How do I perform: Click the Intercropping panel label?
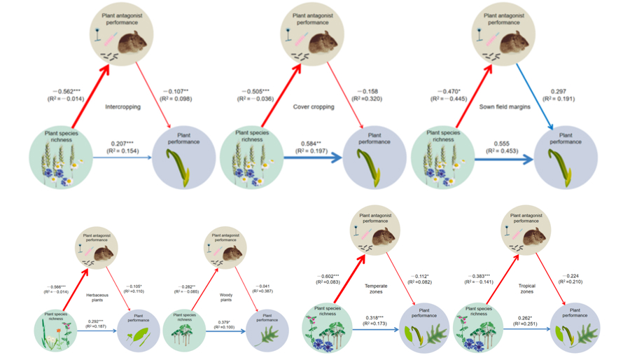click(x=122, y=107)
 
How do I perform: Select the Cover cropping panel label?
click(x=314, y=107)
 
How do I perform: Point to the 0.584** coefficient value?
click(x=309, y=143)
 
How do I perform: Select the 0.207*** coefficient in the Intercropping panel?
click(x=122, y=143)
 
